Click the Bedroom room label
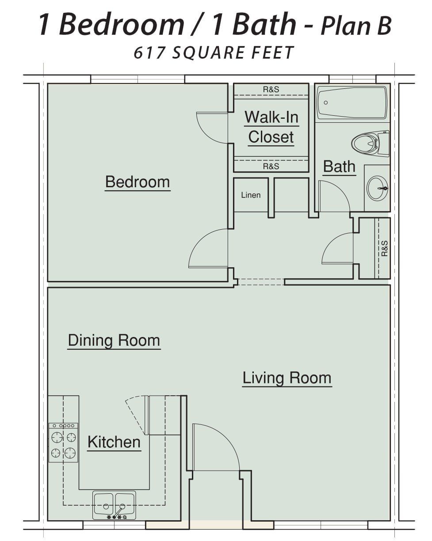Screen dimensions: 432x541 (138, 182)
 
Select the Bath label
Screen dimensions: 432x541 (339, 166)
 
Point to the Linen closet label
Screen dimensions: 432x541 (251, 195)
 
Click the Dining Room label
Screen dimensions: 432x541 (114, 340)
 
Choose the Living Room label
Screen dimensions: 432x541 (287, 378)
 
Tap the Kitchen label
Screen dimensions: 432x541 (114, 442)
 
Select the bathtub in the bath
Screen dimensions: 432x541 (352, 103)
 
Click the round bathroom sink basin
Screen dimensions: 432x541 (377, 188)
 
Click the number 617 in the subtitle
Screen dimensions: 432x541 (149, 53)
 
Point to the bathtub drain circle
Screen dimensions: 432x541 (326, 102)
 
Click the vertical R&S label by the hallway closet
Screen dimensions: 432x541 (384, 248)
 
